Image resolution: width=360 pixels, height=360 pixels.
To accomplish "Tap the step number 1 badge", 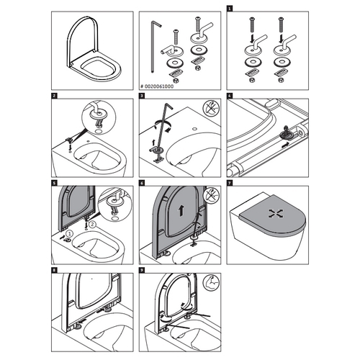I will click(230, 9).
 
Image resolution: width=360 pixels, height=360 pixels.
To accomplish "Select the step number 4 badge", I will click(230, 95).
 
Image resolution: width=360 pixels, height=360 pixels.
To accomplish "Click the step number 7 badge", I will click(230, 184).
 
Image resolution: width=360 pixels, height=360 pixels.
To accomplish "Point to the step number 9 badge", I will click(143, 271).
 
